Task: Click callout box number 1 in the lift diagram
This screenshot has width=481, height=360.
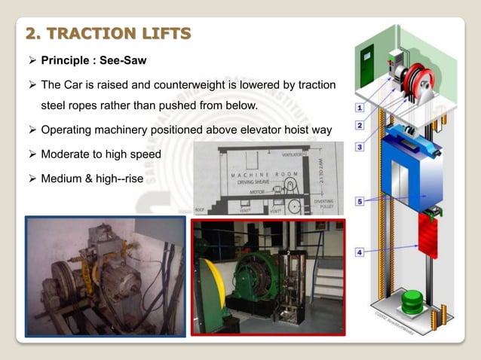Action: [x=361, y=108]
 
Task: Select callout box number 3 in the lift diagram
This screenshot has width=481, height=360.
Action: [x=361, y=145]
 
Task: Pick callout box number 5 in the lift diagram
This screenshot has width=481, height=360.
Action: [x=361, y=201]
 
